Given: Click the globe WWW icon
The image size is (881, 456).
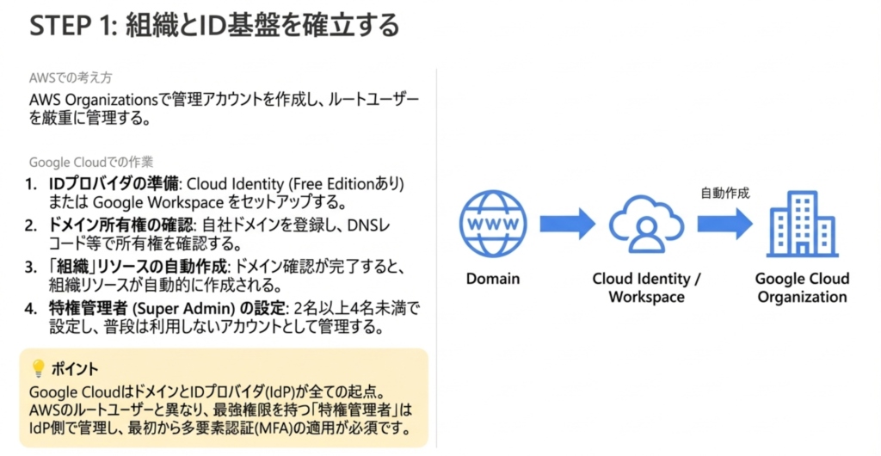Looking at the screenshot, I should click(492, 224).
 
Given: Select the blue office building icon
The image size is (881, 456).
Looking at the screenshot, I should click(802, 224).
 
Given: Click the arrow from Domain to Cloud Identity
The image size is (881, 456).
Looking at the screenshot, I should click(567, 224).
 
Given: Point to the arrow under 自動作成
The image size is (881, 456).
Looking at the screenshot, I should click(724, 224).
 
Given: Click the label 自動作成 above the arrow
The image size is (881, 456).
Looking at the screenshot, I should click(725, 193).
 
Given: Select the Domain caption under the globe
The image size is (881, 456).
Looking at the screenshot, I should click(493, 279).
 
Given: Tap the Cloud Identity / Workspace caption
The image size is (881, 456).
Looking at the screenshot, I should click(646, 288).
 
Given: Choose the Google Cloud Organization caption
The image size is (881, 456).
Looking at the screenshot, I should click(802, 288).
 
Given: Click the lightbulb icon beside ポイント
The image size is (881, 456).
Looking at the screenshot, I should click(38, 368).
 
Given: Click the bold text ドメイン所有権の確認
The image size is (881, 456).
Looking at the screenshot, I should click(121, 225).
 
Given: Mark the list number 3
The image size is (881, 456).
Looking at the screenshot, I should click(30, 266).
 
